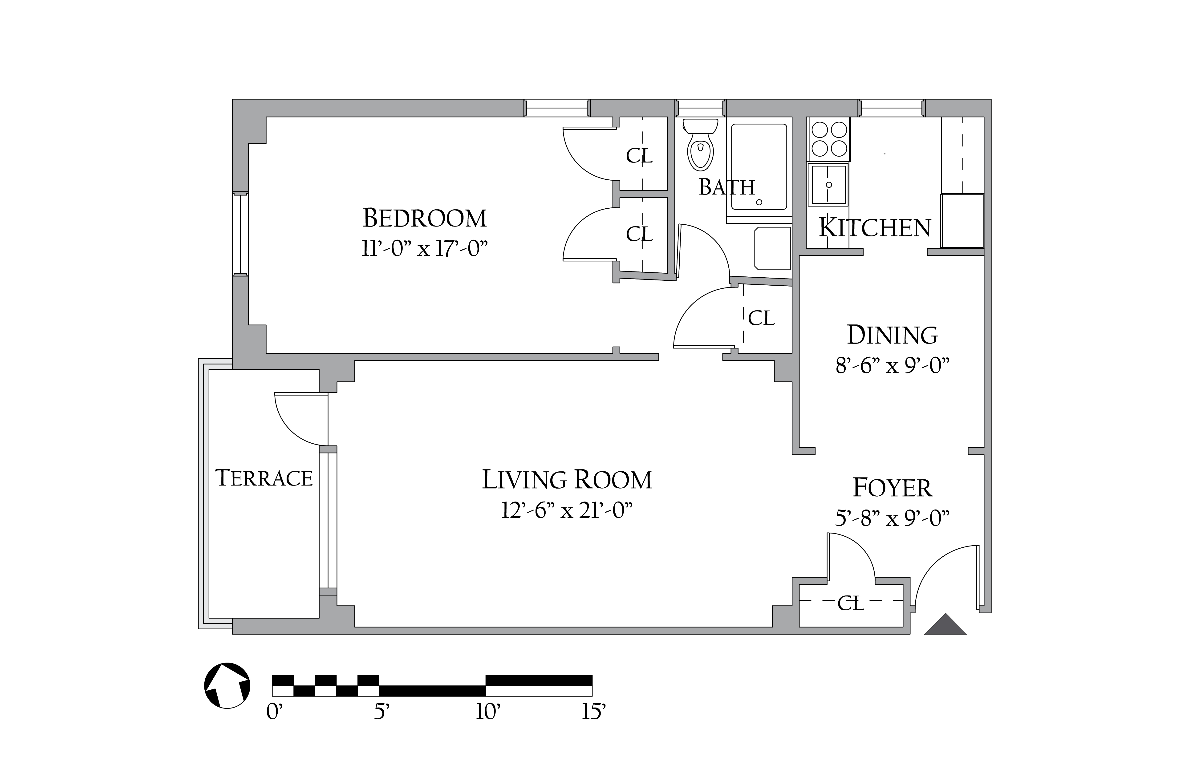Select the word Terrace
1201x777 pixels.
point(264,478)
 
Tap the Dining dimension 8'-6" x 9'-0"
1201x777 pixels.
point(892,365)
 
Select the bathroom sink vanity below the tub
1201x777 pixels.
point(772,248)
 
